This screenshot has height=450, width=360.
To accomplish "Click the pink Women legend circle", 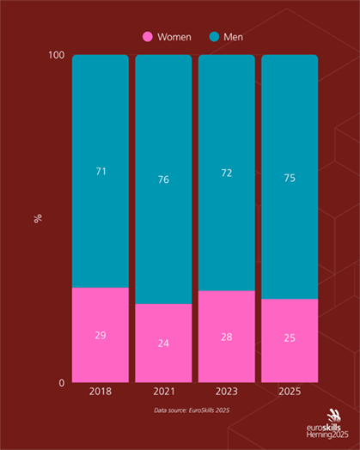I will [147, 37].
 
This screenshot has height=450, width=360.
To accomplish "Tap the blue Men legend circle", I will [214, 37].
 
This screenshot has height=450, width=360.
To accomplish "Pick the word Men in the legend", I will [233, 37].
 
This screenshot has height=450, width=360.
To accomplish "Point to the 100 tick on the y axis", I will [57, 56].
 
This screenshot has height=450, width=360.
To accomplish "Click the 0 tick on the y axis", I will [61, 383].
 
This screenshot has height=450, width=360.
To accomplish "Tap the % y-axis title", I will [38, 218].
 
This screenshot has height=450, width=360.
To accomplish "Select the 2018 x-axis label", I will [101, 391].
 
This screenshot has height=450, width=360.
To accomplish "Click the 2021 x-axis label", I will [163, 391].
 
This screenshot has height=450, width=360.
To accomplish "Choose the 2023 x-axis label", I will [227, 391].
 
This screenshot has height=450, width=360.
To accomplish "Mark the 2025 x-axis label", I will [290, 391].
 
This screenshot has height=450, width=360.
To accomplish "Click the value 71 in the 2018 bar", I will [101, 172].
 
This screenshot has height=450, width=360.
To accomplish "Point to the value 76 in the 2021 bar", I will [163, 179].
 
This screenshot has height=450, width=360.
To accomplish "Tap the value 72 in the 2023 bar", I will [227, 173].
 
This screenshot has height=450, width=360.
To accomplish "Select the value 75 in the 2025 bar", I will [290, 178].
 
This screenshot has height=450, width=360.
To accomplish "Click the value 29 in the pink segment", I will [101, 335].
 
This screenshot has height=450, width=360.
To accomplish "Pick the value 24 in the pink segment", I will [163, 344].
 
